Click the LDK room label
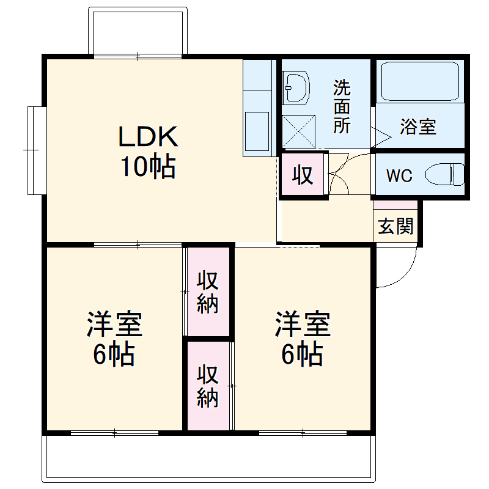(148, 137)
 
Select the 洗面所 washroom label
(342, 106)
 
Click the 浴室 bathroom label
(418, 127)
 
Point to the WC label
(399, 176)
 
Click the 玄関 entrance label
(395, 227)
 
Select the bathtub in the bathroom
(419, 81)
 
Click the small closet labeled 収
(303, 175)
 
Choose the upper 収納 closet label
(208, 292)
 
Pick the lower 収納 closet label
(208, 386)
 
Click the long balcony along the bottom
(208, 455)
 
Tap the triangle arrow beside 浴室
(380, 136)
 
